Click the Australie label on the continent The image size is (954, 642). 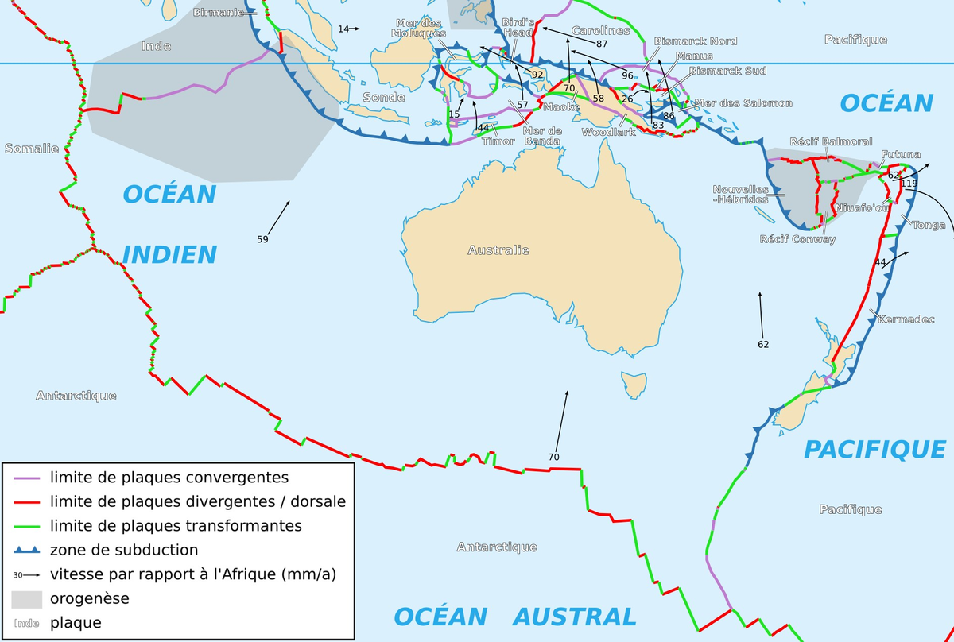pyautogui.click(x=498, y=250)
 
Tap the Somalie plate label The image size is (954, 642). pyautogui.click(x=32, y=149)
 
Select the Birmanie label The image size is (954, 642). pyautogui.click(x=219, y=12)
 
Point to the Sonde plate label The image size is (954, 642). pyautogui.click(x=383, y=97)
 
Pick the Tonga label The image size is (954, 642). pyautogui.click(x=929, y=225)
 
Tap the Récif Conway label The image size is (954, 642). pyautogui.click(x=797, y=239)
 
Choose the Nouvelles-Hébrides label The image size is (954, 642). pyautogui.click(x=740, y=195)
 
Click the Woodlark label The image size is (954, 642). pyautogui.click(x=609, y=132)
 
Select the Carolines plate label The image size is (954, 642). pyautogui.click(x=600, y=31)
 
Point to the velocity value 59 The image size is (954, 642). pyautogui.click(x=262, y=238)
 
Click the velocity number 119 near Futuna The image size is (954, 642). pyautogui.click(x=909, y=184)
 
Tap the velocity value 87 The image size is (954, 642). pyautogui.click(x=601, y=44)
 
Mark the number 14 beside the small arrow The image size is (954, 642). pyautogui.click(x=343, y=29)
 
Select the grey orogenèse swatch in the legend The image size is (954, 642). pyautogui.click(x=26, y=598)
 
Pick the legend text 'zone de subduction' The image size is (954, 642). pyautogui.click(x=124, y=550)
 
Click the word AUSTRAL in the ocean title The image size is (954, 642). pyautogui.click(x=574, y=617)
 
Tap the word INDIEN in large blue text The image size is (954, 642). pyautogui.click(x=169, y=254)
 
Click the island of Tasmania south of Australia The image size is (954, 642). pyautogui.click(x=633, y=385)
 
